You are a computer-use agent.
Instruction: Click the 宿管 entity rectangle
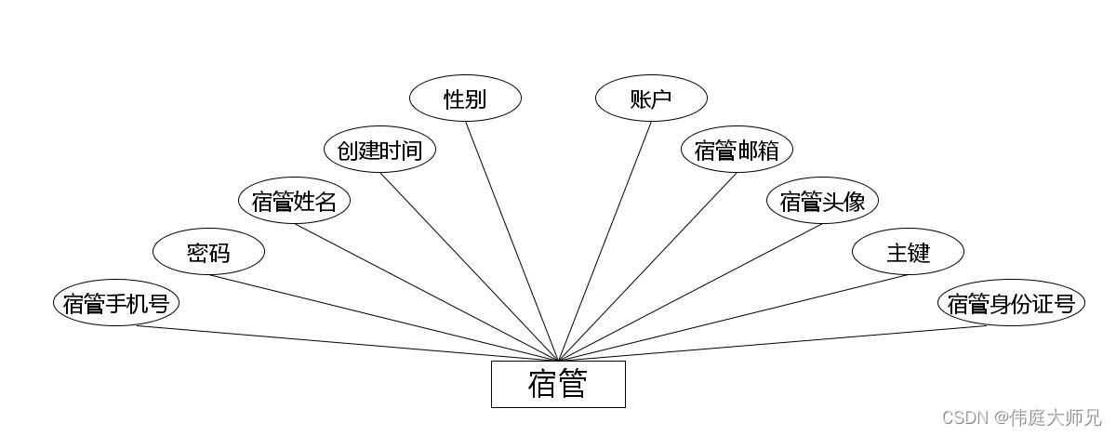point(558,384)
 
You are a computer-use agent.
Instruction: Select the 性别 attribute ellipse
point(465,99)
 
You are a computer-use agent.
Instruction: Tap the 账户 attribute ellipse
point(651,99)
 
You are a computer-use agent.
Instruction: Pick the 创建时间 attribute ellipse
point(379,150)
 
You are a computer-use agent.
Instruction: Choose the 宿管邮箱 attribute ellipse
point(737,150)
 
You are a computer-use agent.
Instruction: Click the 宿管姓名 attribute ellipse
point(294,201)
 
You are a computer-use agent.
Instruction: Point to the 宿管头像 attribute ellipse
point(822,201)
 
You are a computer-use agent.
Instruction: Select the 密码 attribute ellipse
point(208,252)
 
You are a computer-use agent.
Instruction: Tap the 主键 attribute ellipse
point(908,252)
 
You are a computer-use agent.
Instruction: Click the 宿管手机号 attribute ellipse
point(115,303)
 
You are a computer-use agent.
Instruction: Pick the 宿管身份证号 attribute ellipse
point(1011,303)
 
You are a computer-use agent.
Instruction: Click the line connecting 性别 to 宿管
point(511,241)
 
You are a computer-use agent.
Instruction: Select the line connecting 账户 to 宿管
point(604,241)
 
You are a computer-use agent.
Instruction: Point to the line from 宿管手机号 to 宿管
point(346,343)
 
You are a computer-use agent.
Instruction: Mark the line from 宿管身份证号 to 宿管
point(772,343)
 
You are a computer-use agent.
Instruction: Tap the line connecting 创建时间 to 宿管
point(469,267)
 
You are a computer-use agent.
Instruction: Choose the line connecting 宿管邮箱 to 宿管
point(647,267)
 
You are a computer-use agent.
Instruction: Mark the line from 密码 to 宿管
point(383,318)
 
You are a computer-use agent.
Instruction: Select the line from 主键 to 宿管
point(733,318)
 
